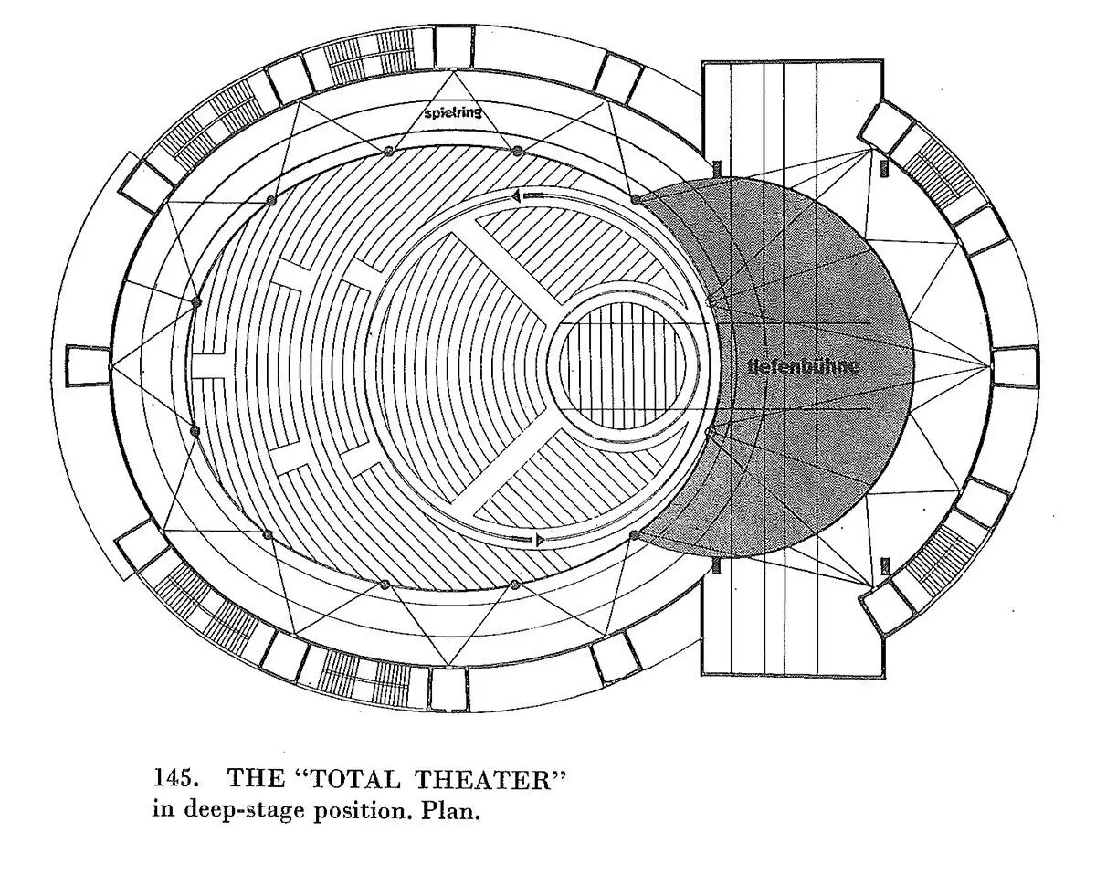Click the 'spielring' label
pyautogui.click(x=452, y=114)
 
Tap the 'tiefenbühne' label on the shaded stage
pyautogui.click(x=803, y=366)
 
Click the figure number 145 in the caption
pyautogui.click(x=171, y=780)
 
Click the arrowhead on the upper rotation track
pyautogui.click(x=516, y=195)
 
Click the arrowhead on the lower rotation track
pyautogui.click(x=541, y=541)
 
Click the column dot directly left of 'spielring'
pyautogui.click(x=388, y=151)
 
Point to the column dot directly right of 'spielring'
pyautogui.click(x=518, y=151)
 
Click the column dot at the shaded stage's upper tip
pyautogui.click(x=635, y=198)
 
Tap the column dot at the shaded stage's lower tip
pyautogui.click(x=634, y=536)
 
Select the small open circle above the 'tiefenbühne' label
pyautogui.click(x=711, y=300)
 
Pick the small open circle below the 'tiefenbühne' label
pyautogui.click(x=710, y=432)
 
